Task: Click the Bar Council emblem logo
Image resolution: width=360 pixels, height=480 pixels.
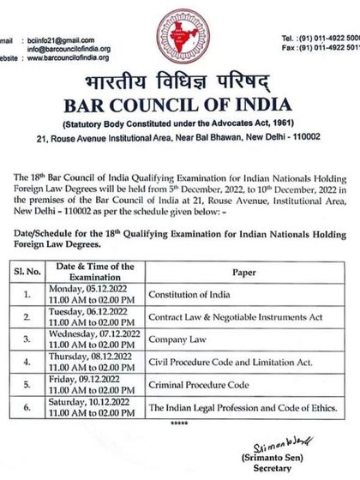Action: tap(180, 41)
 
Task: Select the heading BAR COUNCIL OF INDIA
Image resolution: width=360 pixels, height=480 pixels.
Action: tap(180, 110)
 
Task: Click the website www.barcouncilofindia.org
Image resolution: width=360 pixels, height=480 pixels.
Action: tap(72, 57)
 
